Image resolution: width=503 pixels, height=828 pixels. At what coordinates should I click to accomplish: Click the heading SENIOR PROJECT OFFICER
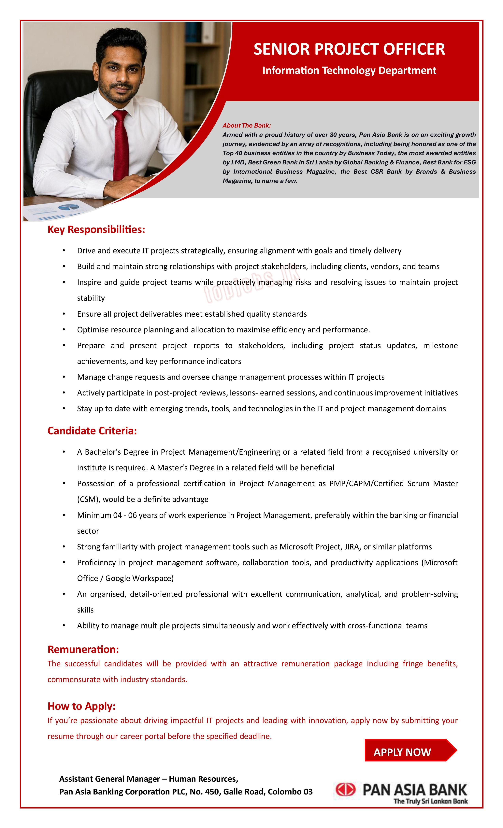[x=349, y=49]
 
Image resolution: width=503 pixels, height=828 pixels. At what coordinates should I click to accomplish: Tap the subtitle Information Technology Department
[x=349, y=71]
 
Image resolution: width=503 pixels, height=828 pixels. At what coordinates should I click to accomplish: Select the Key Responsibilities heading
[x=96, y=229]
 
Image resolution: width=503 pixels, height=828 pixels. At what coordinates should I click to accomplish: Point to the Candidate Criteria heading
[x=92, y=431]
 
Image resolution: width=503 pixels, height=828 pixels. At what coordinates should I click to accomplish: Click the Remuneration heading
[x=83, y=649]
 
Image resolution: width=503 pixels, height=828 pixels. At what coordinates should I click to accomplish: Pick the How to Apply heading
[x=81, y=706]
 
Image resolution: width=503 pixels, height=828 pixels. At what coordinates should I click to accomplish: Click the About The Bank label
[x=246, y=125]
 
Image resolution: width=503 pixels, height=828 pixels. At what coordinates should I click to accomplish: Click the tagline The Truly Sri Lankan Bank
[x=430, y=801]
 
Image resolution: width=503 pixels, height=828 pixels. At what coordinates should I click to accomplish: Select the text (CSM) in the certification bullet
[x=88, y=499]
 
